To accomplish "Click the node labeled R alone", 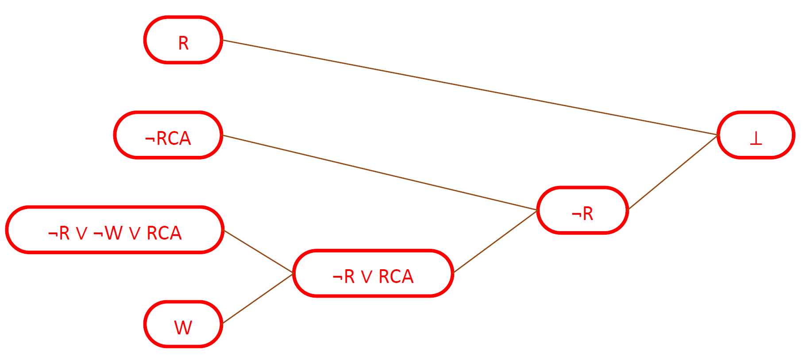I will tap(183, 40).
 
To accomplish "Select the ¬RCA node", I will tap(168, 135).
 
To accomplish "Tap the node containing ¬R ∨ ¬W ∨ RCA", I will tap(115, 230).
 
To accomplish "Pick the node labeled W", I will tap(183, 325).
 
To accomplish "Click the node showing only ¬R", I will tap(582, 211).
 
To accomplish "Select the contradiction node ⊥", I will tap(756, 135).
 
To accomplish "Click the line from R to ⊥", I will tap(469, 87).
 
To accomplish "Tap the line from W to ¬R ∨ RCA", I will tap(258, 299).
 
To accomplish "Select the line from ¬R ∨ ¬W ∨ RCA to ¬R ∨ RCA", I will tap(258, 252).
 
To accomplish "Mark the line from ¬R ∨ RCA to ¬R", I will tap(496, 241).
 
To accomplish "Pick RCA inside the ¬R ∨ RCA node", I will tap(396, 277).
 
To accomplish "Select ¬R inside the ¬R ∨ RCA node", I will tap(343, 277).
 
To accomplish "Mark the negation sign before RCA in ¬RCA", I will tap(150, 139).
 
